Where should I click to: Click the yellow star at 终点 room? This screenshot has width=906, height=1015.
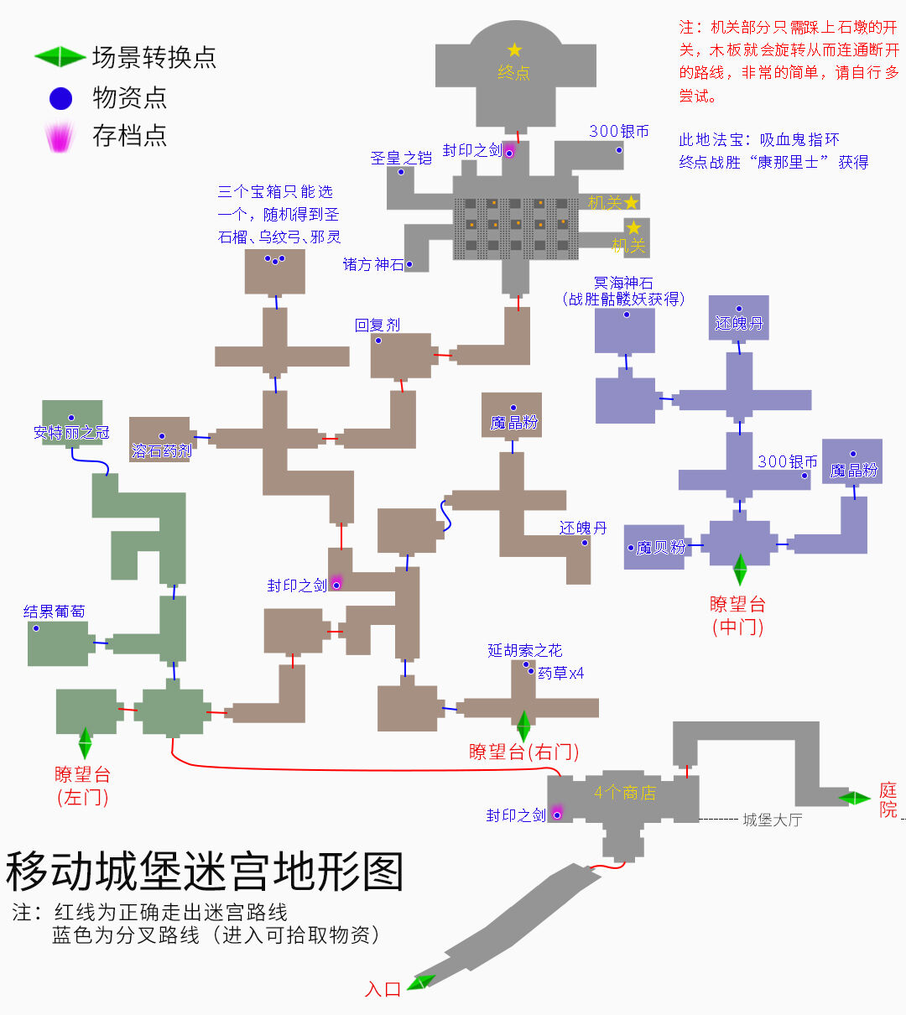(513, 50)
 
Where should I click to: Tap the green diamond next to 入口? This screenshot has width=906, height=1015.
(421, 982)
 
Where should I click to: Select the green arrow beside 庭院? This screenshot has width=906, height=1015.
(857, 798)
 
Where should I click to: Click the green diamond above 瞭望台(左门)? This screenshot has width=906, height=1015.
(85, 742)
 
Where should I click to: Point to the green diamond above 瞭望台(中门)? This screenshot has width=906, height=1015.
(740, 569)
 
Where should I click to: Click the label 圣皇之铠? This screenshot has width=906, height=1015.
(401, 158)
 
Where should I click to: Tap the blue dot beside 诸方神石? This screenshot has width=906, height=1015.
(409, 264)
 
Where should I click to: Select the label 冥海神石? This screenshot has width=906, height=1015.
(623, 284)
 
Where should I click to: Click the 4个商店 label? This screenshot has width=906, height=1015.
(624, 793)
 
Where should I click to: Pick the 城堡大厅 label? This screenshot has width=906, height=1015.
(772, 820)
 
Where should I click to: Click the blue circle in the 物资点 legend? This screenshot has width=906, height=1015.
(61, 98)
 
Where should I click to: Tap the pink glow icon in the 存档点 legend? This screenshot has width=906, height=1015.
(60, 137)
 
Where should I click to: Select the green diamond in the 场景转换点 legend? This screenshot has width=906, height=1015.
(60, 57)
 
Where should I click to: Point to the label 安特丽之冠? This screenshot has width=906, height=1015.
(71, 433)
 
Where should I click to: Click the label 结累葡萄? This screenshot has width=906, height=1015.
(54, 612)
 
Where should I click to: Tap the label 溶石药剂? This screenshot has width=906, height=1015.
(161, 451)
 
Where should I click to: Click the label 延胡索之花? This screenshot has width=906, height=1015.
(525, 651)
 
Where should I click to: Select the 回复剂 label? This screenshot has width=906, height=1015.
(377, 325)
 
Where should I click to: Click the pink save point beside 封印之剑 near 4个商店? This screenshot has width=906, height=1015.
(556, 811)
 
